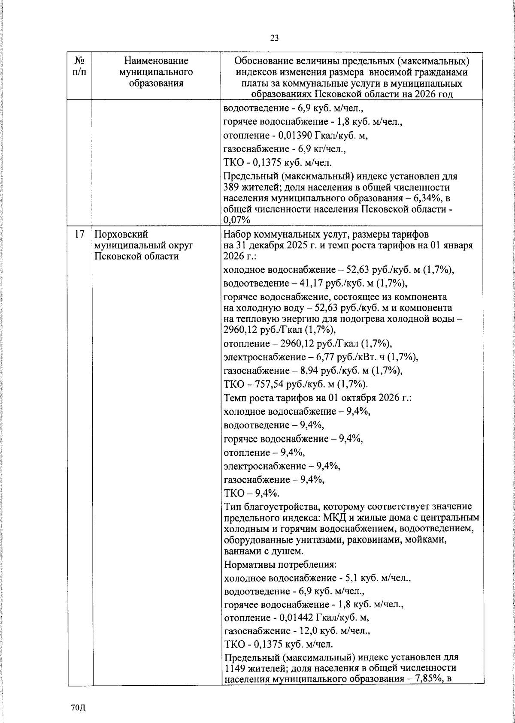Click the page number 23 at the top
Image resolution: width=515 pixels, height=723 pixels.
click(x=275, y=38)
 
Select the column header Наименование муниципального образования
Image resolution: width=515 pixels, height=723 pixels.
click(x=156, y=72)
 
